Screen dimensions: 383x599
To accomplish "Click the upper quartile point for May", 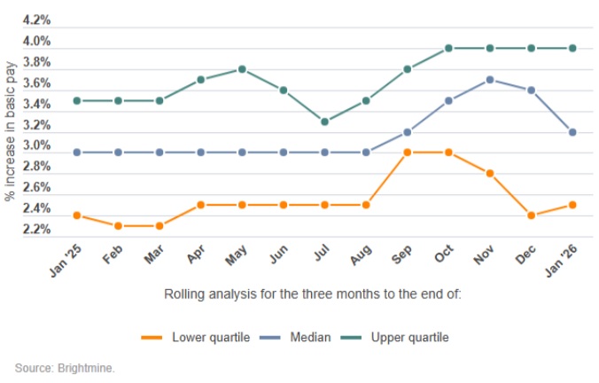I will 241,69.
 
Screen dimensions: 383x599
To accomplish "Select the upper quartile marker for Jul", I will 324,121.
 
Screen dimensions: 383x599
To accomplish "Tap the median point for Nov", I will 490,80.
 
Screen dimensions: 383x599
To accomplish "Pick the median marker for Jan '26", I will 572,132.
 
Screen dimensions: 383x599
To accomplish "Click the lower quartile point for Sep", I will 407,152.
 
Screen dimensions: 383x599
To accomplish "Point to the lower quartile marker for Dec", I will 532,215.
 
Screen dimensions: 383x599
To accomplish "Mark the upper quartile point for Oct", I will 448,48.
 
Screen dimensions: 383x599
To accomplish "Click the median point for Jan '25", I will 76,152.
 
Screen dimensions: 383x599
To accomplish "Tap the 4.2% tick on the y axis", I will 35,20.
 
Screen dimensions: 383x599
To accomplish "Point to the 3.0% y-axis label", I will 35,146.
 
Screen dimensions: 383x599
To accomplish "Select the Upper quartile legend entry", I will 409,337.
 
